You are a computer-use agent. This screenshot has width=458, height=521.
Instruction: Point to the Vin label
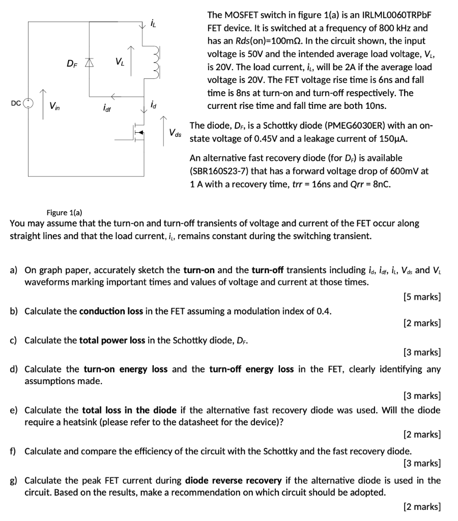click(x=53, y=106)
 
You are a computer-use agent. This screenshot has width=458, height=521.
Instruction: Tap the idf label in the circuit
click(x=107, y=108)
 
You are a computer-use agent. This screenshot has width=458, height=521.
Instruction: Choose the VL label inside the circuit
click(x=119, y=62)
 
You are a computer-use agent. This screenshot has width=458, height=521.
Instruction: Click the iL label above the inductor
click(x=153, y=23)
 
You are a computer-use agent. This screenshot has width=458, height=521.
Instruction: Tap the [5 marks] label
click(x=421, y=297)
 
